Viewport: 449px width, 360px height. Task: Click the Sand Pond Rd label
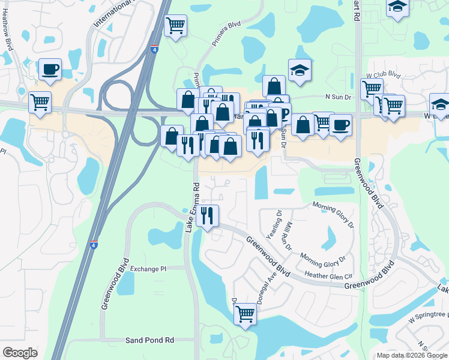pyautogui.click(x=149, y=340)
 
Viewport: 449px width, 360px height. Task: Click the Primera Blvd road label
pyautogui.click(x=226, y=34)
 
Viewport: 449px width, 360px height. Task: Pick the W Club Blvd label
pyautogui.click(x=383, y=75)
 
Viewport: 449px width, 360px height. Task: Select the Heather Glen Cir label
pyautogui.click(x=328, y=275)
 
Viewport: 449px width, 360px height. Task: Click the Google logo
pyautogui.click(x=20, y=353)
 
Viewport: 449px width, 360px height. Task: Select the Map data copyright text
pyautogui.click(x=412, y=355)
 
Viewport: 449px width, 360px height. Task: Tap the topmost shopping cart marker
pyautogui.click(x=175, y=25)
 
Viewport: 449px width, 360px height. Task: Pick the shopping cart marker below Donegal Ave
pyautogui.click(x=245, y=313)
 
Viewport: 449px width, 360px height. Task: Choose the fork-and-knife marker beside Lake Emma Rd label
pyautogui.click(x=207, y=215)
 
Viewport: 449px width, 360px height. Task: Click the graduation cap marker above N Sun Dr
pyautogui.click(x=299, y=70)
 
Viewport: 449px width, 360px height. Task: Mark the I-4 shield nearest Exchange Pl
pyautogui.click(x=93, y=245)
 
